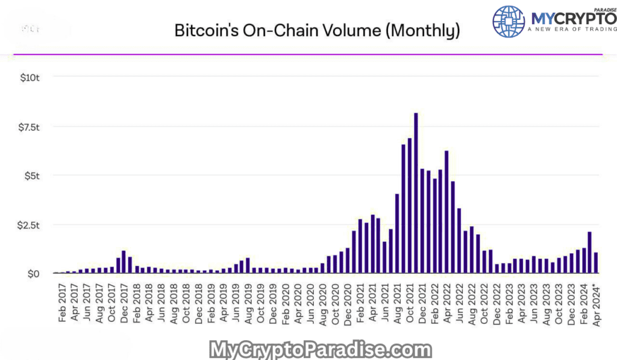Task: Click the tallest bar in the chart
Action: pyautogui.click(x=416, y=193)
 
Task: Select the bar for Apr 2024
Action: pyautogui.click(x=596, y=263)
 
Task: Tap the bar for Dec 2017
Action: pyautogui.click(x=124, y=262)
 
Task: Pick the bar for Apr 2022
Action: pyautogui.click(x=446, y=212)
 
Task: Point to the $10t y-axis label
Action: pyautogui.click(x=28, y=77)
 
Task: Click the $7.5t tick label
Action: pyautogui.click(x=28, y=127)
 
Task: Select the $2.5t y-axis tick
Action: pyautogui.click(x=28, y=225)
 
